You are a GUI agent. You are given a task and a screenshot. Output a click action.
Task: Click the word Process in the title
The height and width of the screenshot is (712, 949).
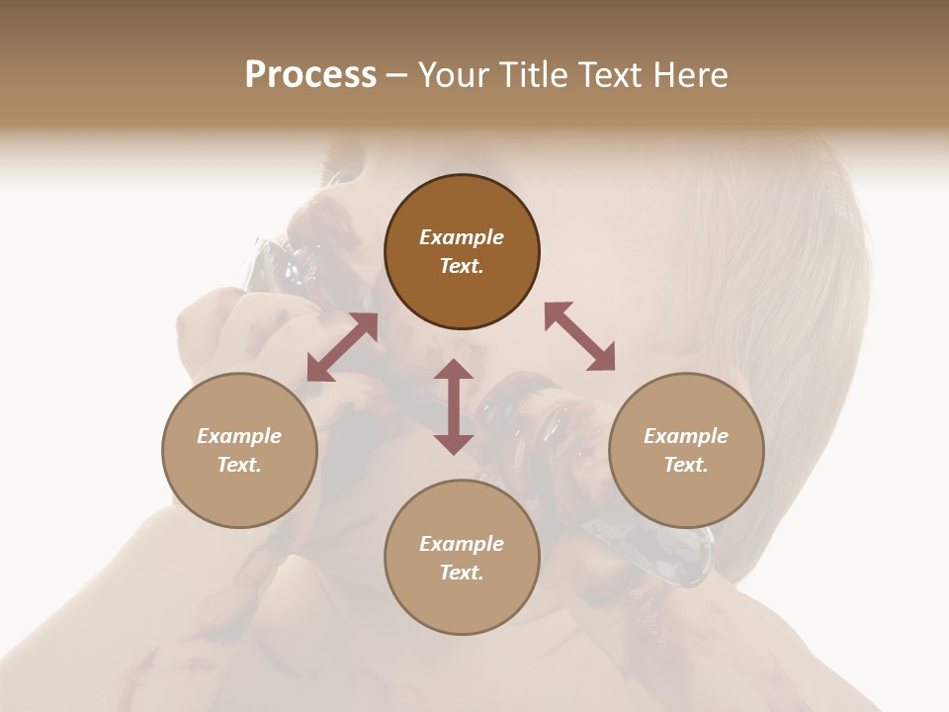(310, 75)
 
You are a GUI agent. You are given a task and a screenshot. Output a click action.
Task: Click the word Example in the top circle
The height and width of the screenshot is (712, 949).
(462, 237)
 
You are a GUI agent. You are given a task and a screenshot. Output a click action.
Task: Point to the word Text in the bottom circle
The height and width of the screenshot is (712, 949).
(462, 573)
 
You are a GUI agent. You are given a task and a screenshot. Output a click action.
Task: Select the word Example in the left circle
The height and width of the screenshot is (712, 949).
(239, 436)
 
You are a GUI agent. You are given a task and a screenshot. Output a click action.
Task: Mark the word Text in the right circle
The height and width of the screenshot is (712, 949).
(686, 465)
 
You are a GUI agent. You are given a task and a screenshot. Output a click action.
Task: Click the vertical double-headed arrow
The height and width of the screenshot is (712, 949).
(454, 407)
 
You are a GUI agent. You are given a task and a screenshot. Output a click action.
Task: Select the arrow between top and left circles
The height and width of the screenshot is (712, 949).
(342, 347)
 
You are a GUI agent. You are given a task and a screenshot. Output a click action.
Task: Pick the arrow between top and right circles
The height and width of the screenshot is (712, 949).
(579, 337)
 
